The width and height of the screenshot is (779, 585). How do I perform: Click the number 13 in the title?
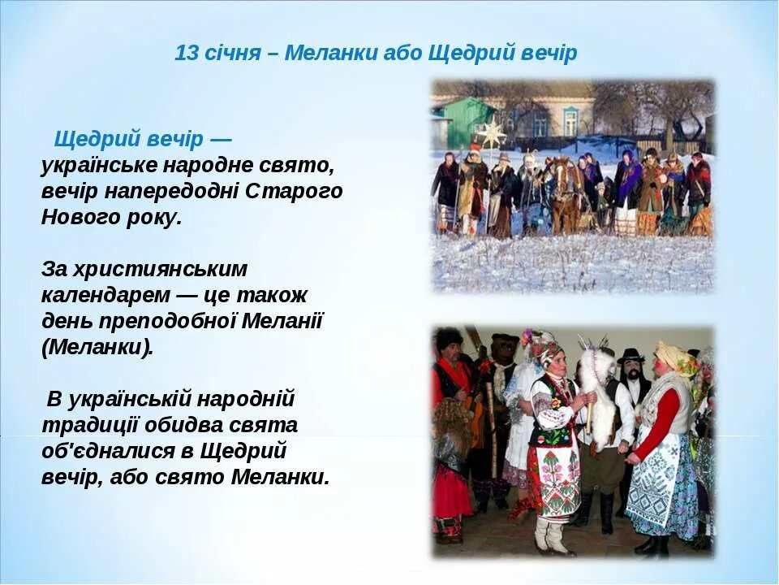coord(187,54)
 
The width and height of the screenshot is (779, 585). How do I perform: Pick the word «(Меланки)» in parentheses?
coord(97,347)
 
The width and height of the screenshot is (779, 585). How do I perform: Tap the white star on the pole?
coord(492,132)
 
